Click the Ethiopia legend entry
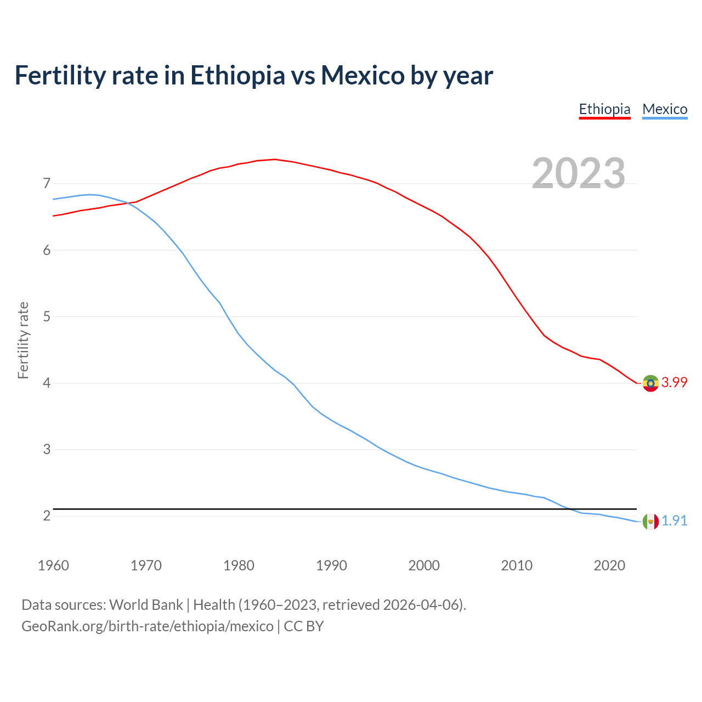click(604, 109)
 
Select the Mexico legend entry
click(665, 109)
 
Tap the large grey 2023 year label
click(579, 173)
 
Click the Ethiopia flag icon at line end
click(650, 383)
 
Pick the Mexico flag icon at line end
click(650, 521)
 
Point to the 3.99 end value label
click(674, 383)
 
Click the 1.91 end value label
click(674, 521)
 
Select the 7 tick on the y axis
click(47, 183)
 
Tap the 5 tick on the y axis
click(47, 316)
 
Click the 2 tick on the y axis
click(47, 516)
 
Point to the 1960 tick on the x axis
click(53, 565)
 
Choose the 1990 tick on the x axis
click(331, 565)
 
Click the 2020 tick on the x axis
click(609, 565)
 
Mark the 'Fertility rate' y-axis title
click(23, 340)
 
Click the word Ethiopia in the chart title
click(237, 75)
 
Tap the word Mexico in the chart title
click(363, 75)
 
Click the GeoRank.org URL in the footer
click(147, 626)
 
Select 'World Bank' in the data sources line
click(146, 605)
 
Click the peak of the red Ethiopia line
click(275, 159)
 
